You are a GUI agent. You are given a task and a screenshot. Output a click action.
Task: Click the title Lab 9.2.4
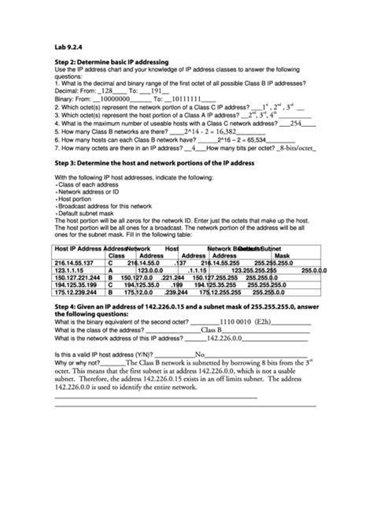[68, 46]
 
